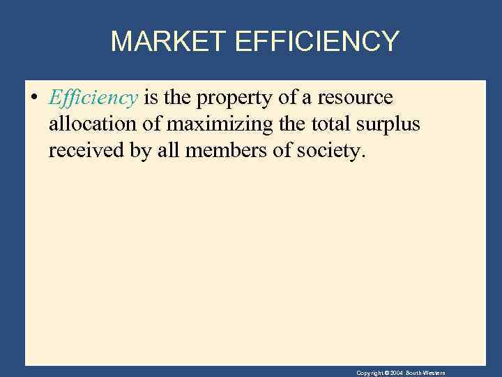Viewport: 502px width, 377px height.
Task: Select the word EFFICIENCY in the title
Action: [317, 41]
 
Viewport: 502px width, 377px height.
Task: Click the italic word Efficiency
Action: [93, 98]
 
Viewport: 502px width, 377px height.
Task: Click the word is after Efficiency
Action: [151, 98]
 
